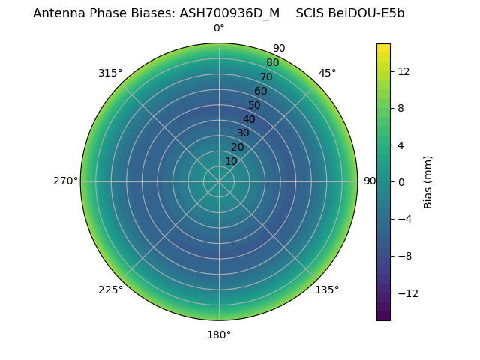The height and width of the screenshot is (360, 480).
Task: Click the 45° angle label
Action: coord(327,73)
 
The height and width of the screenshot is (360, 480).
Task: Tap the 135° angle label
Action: coord(327,289)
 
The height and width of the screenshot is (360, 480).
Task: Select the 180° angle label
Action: coord(219,334)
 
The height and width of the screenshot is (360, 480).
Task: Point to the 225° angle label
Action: coord(110,289)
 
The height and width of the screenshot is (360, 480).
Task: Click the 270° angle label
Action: coord(65,181)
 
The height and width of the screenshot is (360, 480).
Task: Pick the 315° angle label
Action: coord(110,73)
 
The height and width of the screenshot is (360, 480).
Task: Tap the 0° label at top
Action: coord(219,28)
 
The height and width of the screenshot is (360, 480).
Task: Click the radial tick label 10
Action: coord(231,161)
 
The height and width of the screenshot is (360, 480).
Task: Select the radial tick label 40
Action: coord(249,119)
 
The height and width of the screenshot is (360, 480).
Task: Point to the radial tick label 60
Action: coord(260,91)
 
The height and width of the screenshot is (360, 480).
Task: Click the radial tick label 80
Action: coord(272,63)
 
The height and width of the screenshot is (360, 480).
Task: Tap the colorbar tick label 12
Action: coord(403,71)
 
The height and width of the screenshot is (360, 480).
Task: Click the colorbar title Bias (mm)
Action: coord(428,181)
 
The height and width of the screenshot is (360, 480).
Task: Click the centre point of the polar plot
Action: coord(219,181)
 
